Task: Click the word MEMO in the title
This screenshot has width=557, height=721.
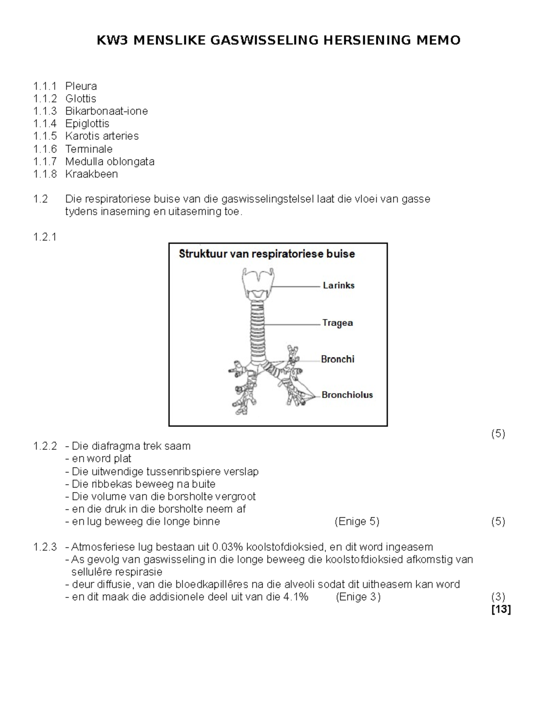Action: pos(438,40)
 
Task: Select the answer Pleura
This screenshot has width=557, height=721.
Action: pos(81,86)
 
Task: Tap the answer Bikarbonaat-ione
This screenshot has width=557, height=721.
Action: pos(106,111)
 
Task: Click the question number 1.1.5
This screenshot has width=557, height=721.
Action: pos(45,136)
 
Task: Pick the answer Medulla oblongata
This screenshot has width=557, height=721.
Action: pos(110,162)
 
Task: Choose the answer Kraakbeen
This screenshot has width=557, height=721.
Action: pos(91,174)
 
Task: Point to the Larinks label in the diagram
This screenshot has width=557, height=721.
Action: pos(338,286)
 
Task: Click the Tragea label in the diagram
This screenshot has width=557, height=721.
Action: pos(337,323)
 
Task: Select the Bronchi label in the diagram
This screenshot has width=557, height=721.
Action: pos(337,359)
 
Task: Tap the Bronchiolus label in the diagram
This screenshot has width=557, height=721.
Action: pos(347,395)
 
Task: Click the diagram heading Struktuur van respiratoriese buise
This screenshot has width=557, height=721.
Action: pos(267,254)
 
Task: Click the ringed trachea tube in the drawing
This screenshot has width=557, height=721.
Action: pos(257,330)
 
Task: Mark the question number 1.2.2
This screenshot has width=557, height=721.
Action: pos(45,447)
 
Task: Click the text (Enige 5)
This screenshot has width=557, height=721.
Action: pos(356,522)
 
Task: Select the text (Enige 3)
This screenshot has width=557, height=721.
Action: pos(358,597)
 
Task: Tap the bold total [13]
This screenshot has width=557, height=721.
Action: pos(501,610)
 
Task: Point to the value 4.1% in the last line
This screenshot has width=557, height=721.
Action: pos(295,597)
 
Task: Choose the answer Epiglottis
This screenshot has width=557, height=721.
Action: pos(87,124)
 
